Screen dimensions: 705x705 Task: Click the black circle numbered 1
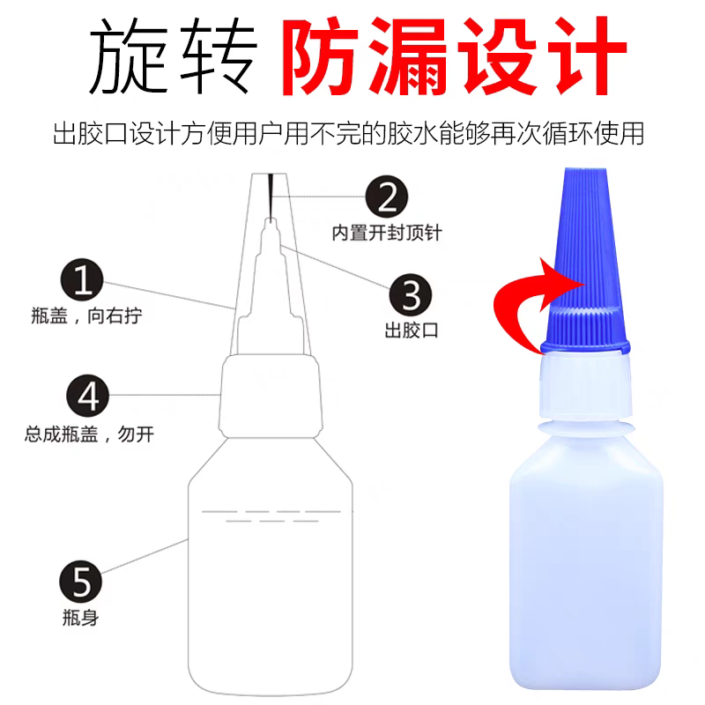point(83,282)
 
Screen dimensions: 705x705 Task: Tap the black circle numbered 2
point(386,196)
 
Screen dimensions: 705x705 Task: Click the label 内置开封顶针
point(386,234)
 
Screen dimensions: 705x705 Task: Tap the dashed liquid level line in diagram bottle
point(271,512)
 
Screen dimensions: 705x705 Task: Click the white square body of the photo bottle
point(586,564)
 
